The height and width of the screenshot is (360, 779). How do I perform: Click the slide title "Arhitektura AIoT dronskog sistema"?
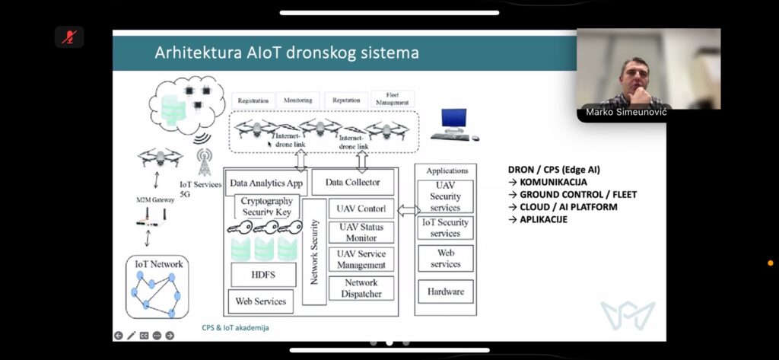coord(286,53)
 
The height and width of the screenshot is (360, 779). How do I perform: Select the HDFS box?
coord(263,275)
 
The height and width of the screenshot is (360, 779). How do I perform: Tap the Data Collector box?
coord(352,183)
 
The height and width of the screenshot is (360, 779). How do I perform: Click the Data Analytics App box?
coord(266,183)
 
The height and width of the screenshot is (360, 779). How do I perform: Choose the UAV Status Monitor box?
coord(361,232)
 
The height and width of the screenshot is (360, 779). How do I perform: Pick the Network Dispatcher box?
coord(361,288)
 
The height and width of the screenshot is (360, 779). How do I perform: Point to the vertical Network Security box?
coord(314,252)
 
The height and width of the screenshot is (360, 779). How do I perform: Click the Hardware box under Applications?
coord(445,291)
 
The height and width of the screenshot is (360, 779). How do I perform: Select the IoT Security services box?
coord(445,228)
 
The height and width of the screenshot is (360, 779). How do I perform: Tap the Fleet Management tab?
coord(393,99)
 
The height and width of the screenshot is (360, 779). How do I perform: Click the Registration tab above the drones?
coord(253,100)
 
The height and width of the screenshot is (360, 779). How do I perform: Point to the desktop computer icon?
coord(454,124)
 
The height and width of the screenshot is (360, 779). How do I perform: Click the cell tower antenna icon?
coord(204,162)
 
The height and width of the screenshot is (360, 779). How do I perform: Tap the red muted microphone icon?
coord(69,37)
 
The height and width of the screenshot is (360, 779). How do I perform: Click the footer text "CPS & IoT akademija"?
coord(235,328)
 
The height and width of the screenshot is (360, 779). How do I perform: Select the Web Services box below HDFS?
coord(260,301)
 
